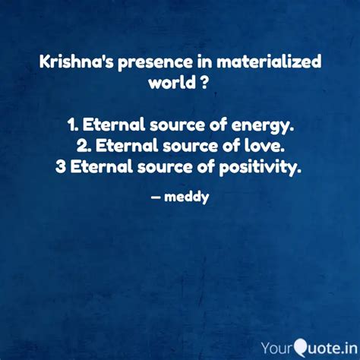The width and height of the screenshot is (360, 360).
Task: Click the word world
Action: [x=169, y=81]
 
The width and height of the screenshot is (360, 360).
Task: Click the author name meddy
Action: [x=189, y=198]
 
